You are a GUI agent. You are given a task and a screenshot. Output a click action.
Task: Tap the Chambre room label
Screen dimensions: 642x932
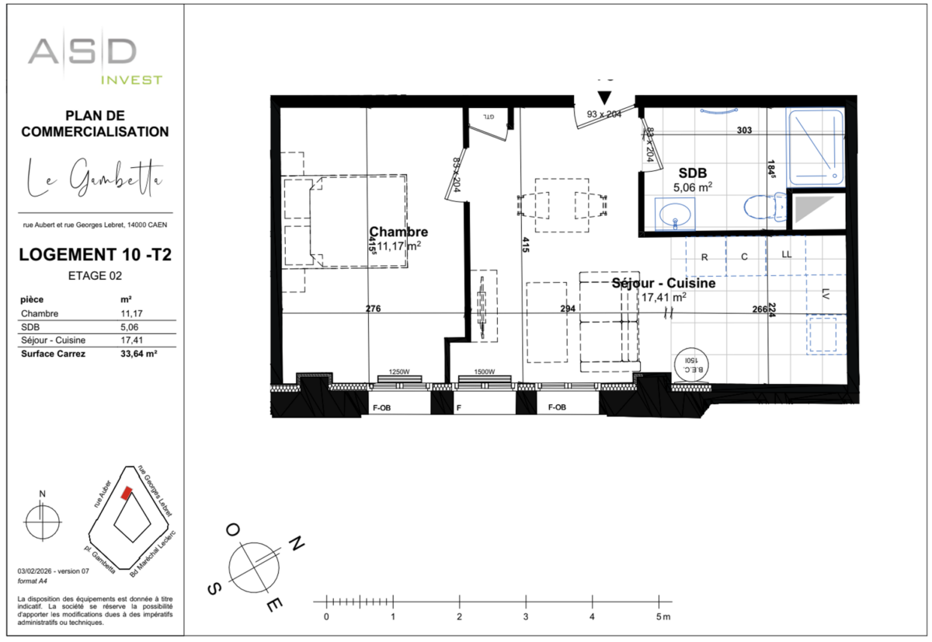pyautogui.click(x=398, y=232)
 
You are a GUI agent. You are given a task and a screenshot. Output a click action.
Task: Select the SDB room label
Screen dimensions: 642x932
pyautogui.click(x=692, y=173)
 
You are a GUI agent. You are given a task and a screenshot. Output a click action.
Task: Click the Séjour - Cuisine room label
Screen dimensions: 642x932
pyautogui.click(x=663, y=284)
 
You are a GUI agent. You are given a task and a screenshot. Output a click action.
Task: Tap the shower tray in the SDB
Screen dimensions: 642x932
pyautogui.click(x=815, y=148)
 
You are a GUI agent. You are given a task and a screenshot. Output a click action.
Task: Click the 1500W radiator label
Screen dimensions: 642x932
pyautogui.click(x=485, y=372)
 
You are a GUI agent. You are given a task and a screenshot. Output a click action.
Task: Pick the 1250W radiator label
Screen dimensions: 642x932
pyautogui.click(x=400, y=372)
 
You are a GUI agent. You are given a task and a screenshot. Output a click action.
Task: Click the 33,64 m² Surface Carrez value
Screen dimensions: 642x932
pyautogui.click(x=139, y=354)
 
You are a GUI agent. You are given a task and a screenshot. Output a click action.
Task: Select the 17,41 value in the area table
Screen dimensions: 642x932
pyautogui.click(x=130, y=340)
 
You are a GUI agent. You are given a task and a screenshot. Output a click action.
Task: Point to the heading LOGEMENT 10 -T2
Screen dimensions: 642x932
pyautogui.click(x=95, y=254)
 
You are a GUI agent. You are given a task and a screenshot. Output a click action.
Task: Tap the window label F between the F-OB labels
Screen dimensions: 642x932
pyautogui.click(x=459, y=406)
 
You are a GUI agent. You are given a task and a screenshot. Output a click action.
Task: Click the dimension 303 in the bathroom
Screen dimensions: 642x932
pyautogui.click(x=744, y=131)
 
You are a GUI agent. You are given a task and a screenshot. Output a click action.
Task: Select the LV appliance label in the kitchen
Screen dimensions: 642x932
pyautogui.click(x=824, y=295)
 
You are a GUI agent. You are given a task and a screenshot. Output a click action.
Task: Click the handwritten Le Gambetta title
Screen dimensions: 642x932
pyautogui.click(x=95, y=180)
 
